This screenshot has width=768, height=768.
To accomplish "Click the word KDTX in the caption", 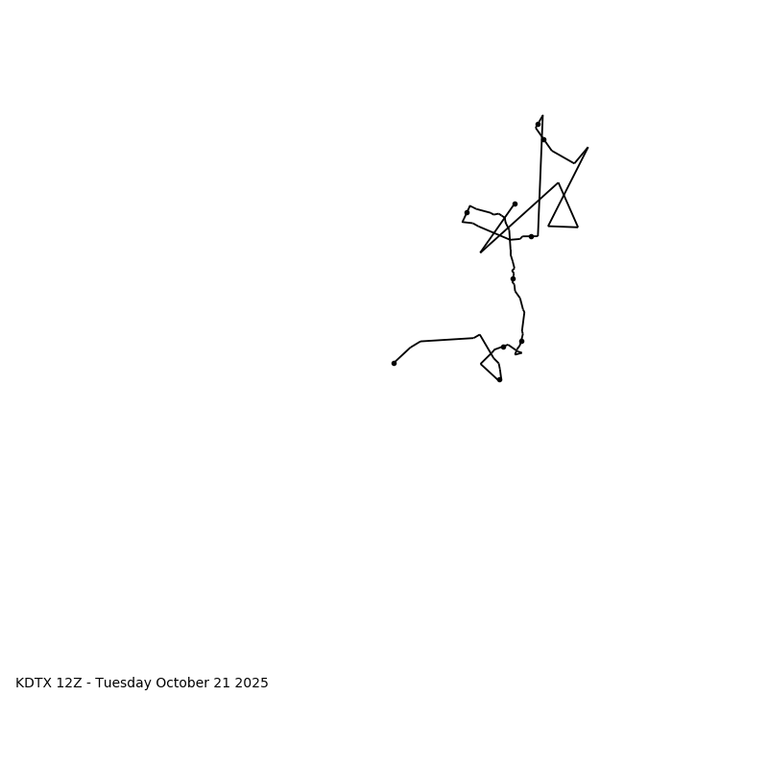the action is coord(34,684).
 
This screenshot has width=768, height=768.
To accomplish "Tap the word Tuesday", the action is coord(124,684).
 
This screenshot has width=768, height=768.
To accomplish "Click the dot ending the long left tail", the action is coord(394,363).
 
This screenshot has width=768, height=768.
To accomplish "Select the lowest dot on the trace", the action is coord(499,379).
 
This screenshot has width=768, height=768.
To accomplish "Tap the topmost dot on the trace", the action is coord(538,124).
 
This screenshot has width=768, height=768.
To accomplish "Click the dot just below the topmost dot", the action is coord(543,139).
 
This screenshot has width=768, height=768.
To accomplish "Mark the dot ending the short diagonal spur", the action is coord(515,204).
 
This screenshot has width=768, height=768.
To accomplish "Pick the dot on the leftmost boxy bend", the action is coord(467,212).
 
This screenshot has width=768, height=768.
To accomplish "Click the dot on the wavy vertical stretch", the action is coord(513,278).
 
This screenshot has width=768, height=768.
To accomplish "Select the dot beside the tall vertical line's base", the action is coord(531,236).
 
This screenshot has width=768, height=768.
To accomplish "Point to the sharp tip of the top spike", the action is coord(542,116).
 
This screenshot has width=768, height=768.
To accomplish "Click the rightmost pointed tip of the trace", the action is coord(588,148).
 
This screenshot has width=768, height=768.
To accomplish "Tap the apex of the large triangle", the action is coord(558,183).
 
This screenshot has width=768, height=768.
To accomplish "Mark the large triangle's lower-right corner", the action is coord(578,228).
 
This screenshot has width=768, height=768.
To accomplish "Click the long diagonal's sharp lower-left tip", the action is coord(481,252).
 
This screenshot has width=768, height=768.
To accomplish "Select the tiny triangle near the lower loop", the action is coord(517,352).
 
